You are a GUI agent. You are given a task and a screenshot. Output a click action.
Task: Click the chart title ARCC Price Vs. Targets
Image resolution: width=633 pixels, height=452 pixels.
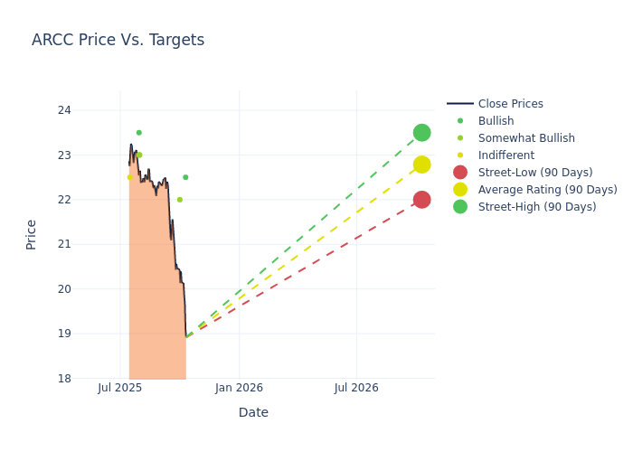click(118, 40)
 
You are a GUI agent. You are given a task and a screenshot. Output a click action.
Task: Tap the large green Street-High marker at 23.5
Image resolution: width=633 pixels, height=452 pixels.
click(421, 133)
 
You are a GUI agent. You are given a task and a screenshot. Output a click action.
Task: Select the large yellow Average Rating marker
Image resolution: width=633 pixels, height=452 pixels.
click(421, 165)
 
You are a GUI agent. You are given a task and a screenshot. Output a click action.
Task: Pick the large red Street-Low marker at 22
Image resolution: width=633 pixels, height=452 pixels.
click(421, 200)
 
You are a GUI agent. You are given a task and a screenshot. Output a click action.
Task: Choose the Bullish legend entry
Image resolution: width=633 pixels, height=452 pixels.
click(496, 121)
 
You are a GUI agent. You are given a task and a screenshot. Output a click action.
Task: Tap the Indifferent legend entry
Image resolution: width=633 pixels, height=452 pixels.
click(505, 155)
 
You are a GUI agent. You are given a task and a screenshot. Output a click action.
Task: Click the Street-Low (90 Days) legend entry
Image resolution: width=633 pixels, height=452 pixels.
click(534, 173)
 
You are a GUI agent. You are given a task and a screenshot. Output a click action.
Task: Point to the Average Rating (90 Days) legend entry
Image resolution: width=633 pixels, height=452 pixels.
click(547, 190)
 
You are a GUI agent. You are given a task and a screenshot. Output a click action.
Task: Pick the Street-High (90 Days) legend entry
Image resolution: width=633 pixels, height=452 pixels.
click(536, 207)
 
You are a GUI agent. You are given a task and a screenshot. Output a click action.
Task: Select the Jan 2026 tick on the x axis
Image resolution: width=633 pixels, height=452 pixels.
click(239, 388)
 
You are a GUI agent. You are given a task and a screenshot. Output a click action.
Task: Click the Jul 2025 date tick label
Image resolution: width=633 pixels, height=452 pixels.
click(120, 388)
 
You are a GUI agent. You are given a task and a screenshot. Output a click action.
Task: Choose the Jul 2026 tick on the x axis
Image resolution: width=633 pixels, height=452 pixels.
click(356, 388)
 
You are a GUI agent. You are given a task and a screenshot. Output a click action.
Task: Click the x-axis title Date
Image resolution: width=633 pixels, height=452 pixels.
click(253, 412)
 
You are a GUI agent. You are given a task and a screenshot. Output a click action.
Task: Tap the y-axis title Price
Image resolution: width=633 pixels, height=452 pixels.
click(32, 234)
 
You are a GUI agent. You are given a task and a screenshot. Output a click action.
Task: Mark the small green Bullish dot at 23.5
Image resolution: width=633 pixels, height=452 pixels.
click(138, 133)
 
